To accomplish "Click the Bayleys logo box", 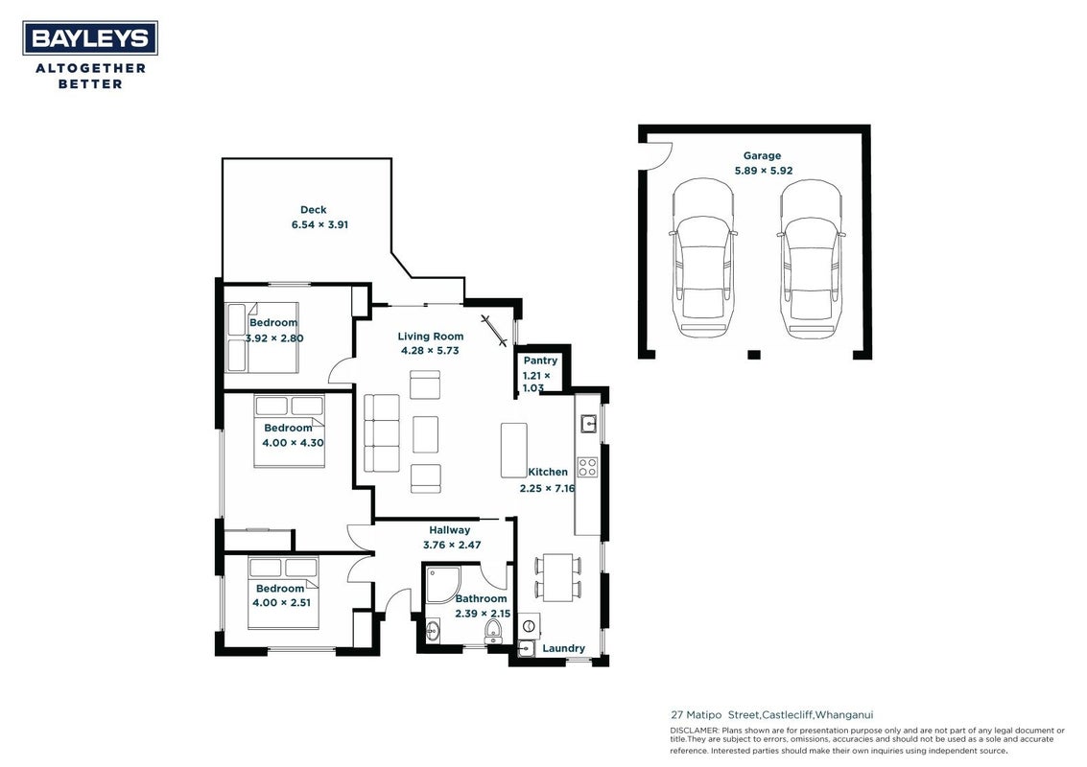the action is point(90,37).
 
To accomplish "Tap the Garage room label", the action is point(762,156).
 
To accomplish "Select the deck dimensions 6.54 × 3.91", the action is point(319,224).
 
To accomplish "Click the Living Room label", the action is point(431,336).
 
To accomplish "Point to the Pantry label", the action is point(540,360).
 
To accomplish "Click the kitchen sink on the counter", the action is point(588,423).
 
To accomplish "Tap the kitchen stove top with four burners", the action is point(588,467).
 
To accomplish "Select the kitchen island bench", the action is point(513,451).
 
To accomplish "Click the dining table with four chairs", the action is point(557,577).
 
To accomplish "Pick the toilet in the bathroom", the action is point(493,631).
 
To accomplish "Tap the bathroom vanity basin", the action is point(433,631).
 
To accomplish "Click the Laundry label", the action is point(563,648).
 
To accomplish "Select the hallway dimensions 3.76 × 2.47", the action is point(451,545).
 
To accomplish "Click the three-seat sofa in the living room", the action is point(382,433).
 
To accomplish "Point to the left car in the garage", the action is point(702,259).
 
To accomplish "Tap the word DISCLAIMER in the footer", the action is point(695,731).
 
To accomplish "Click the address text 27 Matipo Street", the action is point(715,715).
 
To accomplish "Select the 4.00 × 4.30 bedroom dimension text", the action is point(293,443).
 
